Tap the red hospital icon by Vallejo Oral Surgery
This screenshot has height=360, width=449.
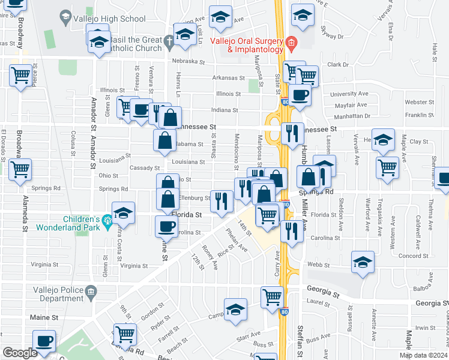291,42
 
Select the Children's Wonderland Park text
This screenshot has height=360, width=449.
65,223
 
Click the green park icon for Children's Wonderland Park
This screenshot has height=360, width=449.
107,220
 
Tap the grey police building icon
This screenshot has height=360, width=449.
91,292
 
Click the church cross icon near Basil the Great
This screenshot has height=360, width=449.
170,41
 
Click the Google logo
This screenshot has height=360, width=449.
20,353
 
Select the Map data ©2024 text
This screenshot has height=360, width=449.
423,355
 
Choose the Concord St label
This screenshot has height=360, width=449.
412,255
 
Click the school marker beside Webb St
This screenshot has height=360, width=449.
363,262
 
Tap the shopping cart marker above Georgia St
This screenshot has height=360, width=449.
273,296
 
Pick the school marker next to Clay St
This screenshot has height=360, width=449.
383,140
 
